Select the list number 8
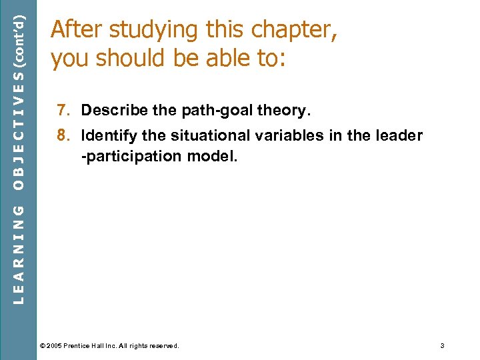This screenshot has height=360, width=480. (x=62, y=136)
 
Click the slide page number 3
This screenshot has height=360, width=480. (x=442, y=345)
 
